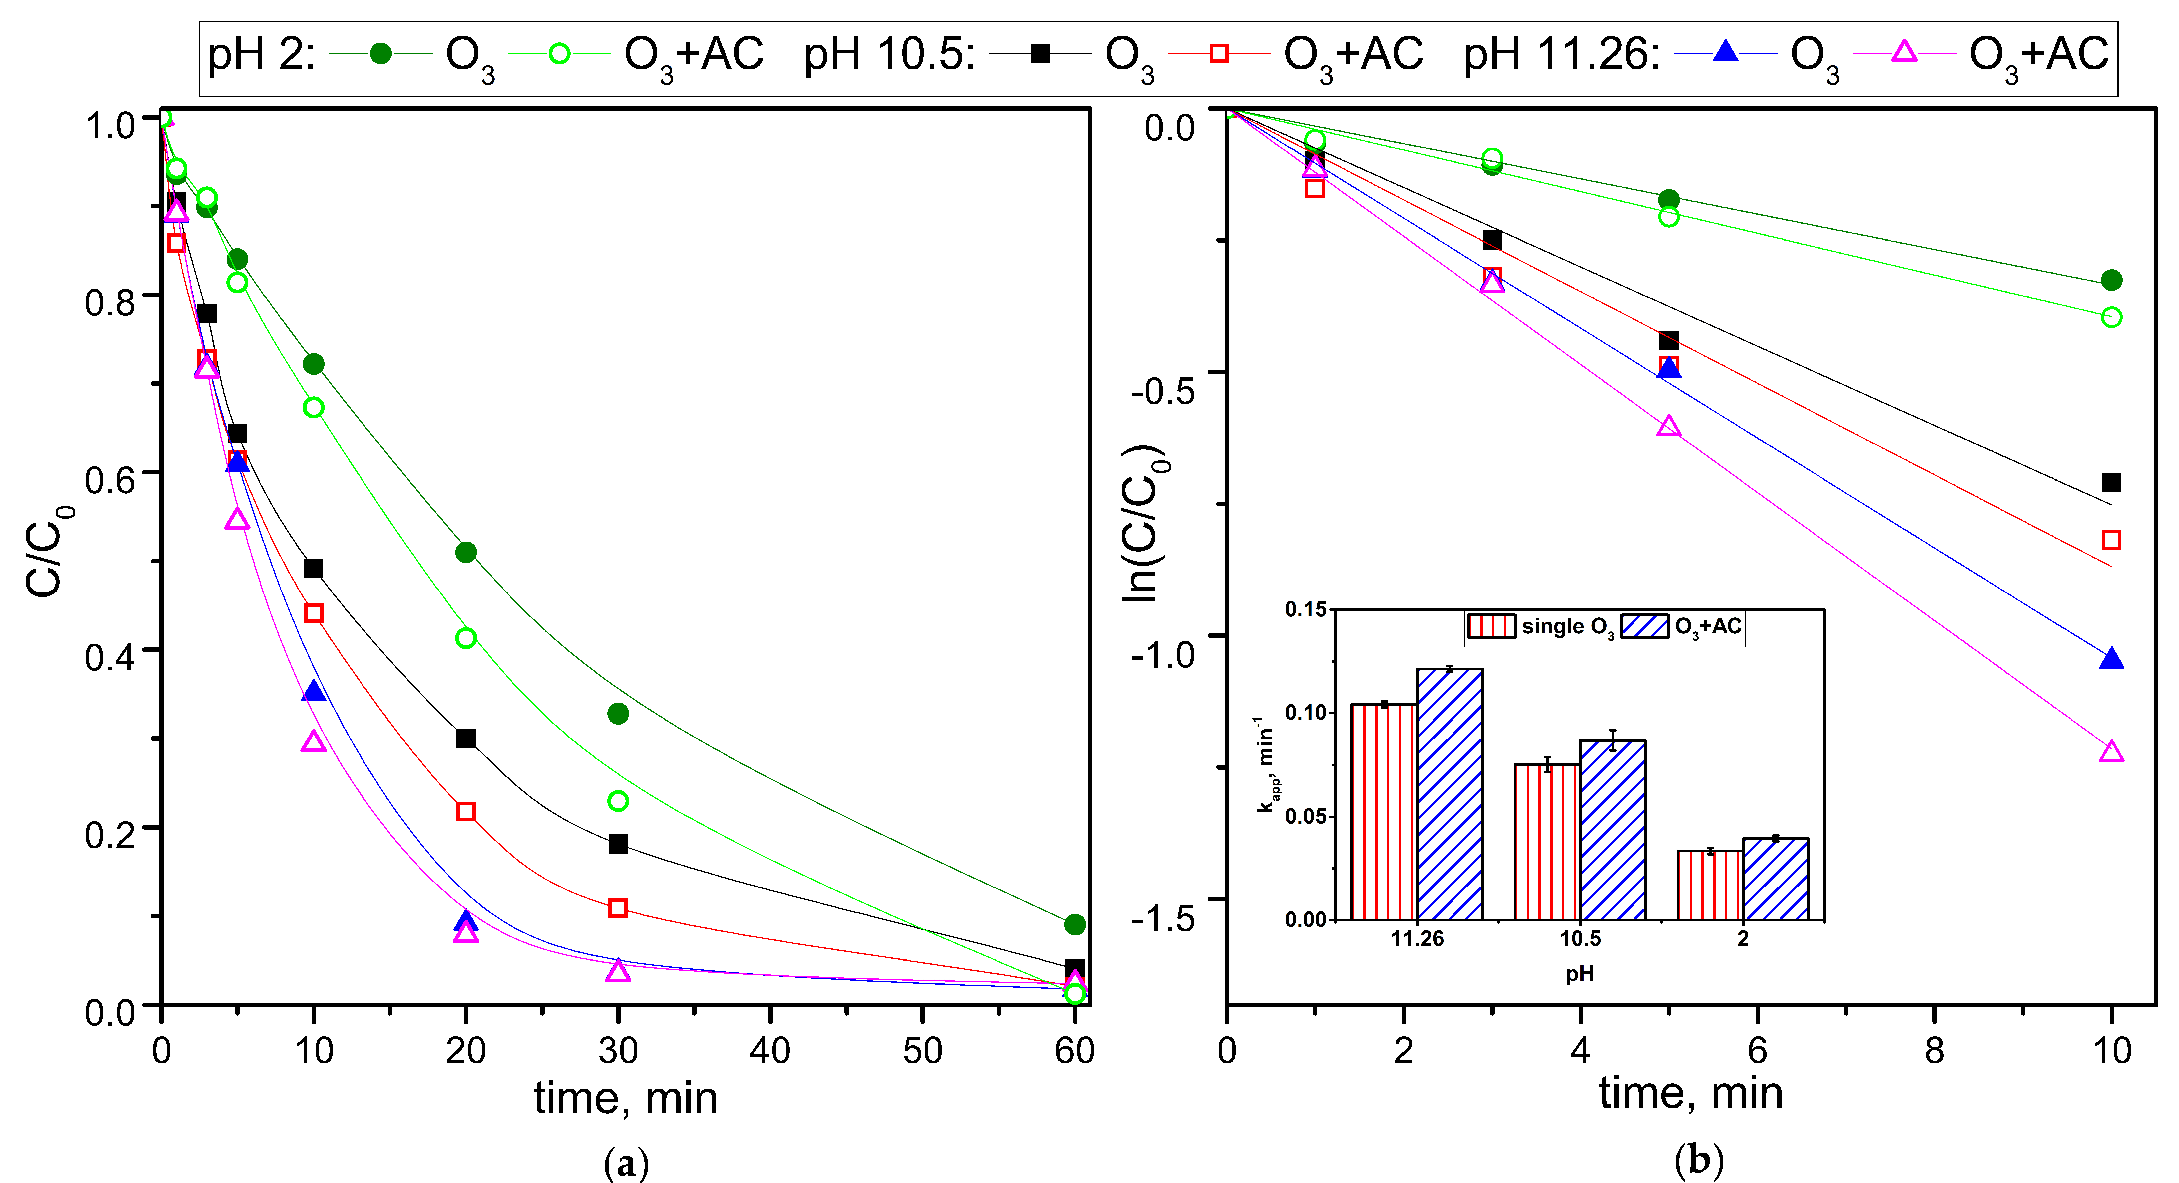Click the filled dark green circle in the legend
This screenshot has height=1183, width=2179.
(x=381, y=53)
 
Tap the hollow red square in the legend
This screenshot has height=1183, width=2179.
(x=1219, y=53)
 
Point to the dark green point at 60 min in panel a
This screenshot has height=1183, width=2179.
(x=1074, y=924)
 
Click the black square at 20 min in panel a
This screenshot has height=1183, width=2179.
(x=465, y=738)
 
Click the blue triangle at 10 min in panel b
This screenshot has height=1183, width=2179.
(x=2111, y=659)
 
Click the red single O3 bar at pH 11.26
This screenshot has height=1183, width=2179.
(x=1384, y=812)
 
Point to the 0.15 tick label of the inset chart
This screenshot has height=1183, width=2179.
(x=1306, y=610)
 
